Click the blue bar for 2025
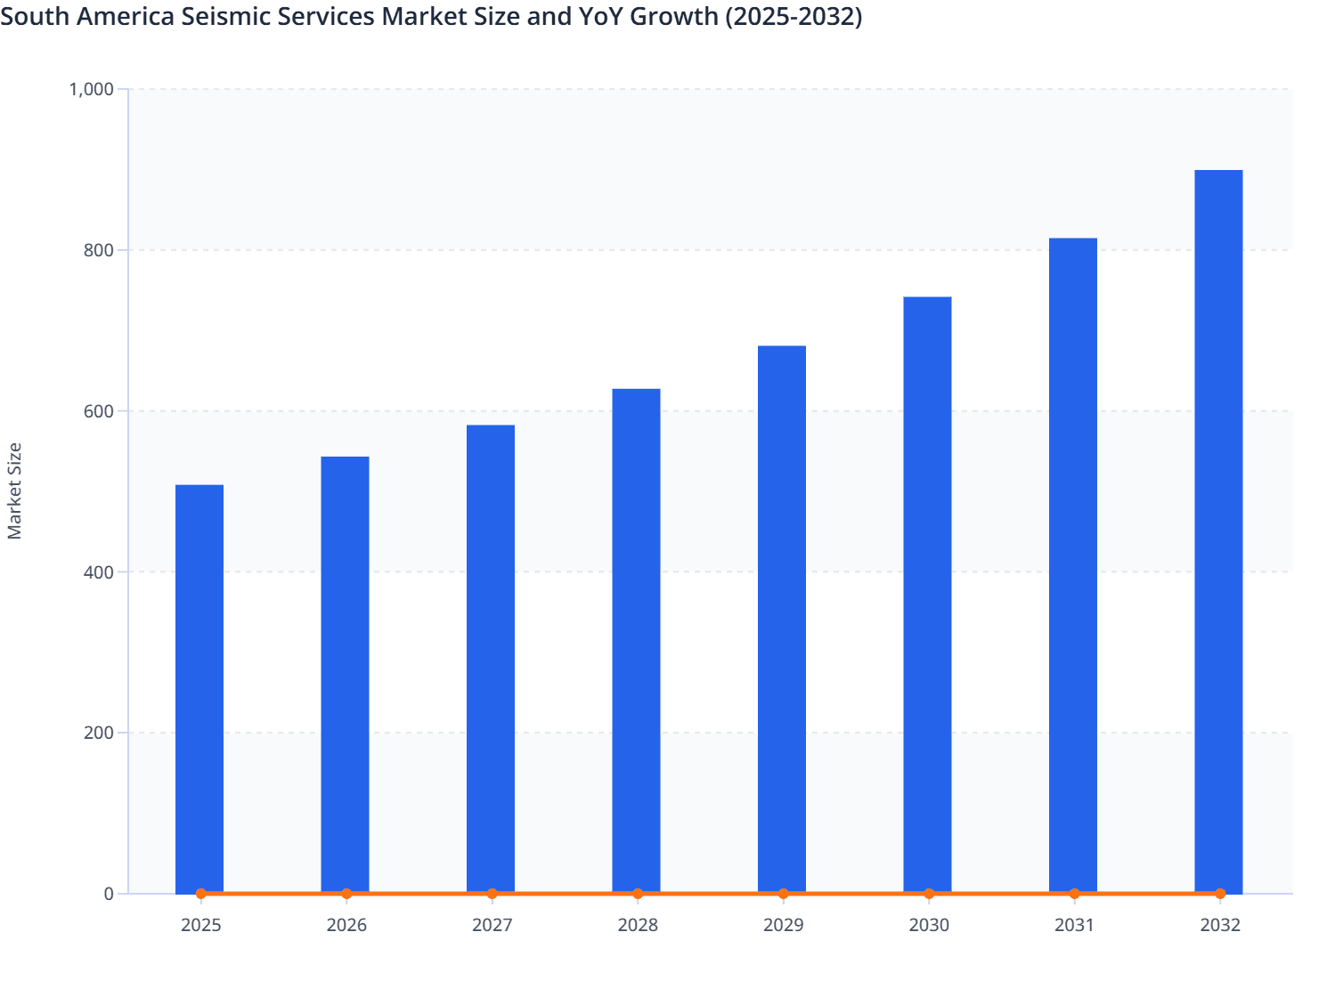[199, 689]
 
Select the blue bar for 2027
[491, 659]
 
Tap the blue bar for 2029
[782, 620]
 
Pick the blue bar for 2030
[927, 595]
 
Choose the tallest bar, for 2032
[1218, 531]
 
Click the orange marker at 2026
[346, 894]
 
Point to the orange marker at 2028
[638, 894]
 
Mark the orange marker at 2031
[1074, 894]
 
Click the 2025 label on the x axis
[201, 926]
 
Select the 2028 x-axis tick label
[638, 926]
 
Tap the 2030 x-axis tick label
[929, 926]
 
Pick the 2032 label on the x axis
[1220, 926]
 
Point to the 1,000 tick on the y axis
[92, 89]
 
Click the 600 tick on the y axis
[99, 411]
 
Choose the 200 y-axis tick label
[99, 734]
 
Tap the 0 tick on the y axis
[109, 894]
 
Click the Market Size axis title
[15, 490]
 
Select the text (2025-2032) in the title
[793, 17]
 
